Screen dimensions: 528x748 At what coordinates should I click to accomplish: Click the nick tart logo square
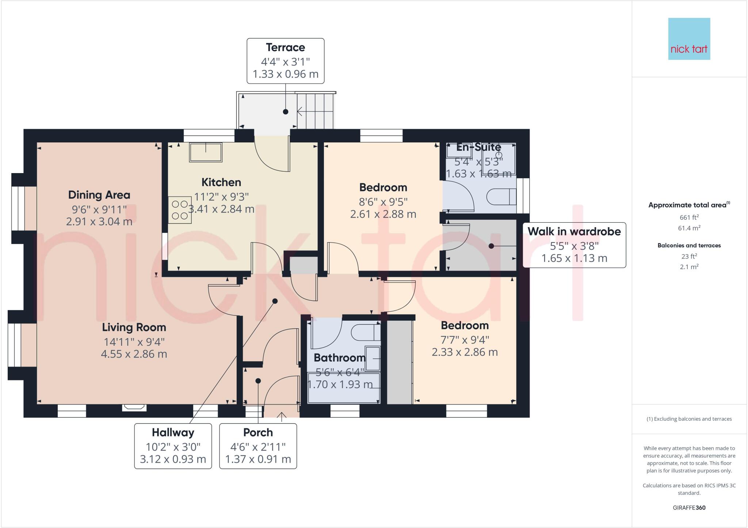click(x=689, y=39)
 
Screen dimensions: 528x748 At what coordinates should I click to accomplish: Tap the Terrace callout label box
click(x=285, y=61)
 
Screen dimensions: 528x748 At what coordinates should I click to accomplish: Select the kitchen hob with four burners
click(x=180, y=210)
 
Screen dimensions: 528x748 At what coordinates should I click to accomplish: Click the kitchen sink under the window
click(x=206, y=152)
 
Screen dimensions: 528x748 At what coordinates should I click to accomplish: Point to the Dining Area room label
click(x=99, y=195)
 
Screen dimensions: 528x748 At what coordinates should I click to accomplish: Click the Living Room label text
click(x=134, y=327)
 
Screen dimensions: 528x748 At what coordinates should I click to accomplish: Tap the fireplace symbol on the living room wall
click(x=134, y=407)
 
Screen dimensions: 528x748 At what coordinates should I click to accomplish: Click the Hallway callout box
click(x=173, y=446)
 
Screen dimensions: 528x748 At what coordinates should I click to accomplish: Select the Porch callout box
click(x=258, y=446)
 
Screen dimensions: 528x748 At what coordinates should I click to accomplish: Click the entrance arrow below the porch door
click(x=282, y=416)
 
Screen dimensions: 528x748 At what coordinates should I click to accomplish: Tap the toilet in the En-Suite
click(x=501, y=197)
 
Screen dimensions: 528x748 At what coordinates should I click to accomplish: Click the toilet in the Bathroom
click(x=366, y=333)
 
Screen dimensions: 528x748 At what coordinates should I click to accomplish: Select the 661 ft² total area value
click(x=689, y=217)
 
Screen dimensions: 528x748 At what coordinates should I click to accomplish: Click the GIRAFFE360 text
click(x=689, y=508)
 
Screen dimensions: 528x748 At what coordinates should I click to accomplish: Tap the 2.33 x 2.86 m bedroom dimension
click(x=465, y=352)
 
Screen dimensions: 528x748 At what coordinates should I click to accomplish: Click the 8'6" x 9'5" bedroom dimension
click(x=383, y=202)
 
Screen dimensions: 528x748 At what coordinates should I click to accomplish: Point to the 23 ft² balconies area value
click(x=689, y=256)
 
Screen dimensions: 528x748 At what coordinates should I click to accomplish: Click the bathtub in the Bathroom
click(x=343, y=387)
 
